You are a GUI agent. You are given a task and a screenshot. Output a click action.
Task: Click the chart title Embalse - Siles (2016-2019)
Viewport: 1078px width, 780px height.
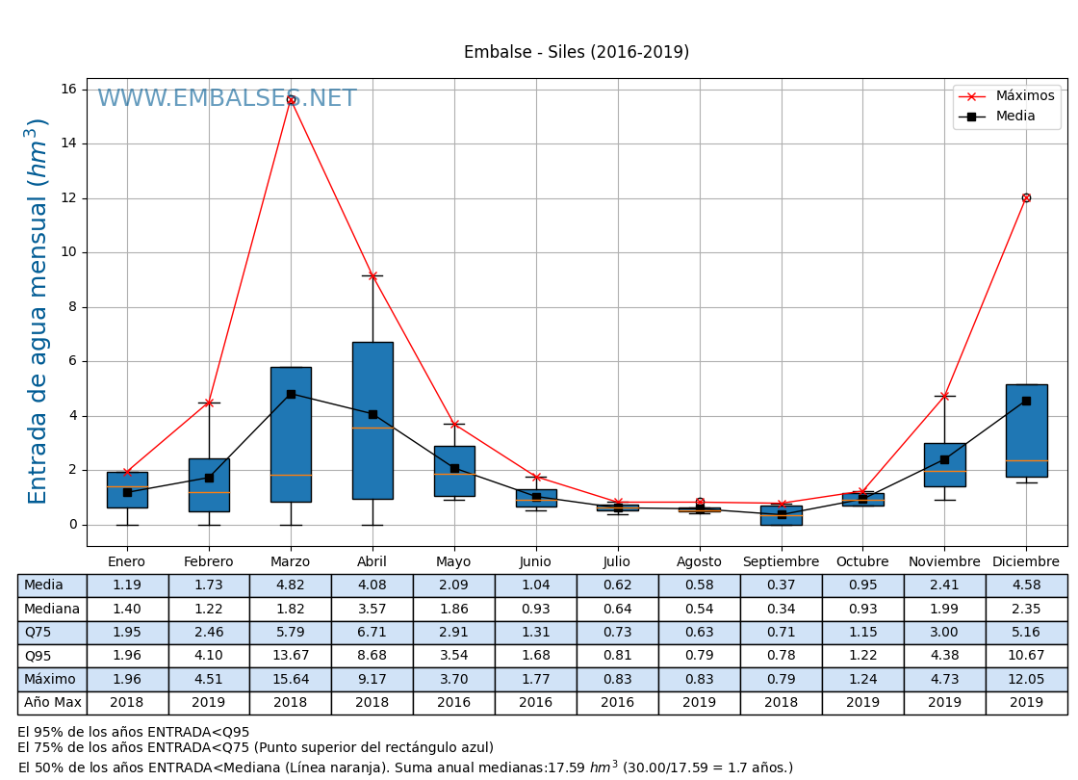tap(577, 52)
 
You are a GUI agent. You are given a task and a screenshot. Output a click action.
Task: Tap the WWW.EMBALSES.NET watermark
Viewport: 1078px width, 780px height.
tap(226, 99)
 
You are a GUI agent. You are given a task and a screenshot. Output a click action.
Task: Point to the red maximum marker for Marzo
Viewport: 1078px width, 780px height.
tap(291, 99)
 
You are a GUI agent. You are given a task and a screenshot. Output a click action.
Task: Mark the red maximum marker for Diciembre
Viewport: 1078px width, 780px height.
tap(1026, 197)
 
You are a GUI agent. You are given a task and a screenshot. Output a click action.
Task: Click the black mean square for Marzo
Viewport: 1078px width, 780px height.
tap(291, 394)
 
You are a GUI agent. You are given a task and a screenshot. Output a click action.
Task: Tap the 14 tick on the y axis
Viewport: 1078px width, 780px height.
tap(68, 143)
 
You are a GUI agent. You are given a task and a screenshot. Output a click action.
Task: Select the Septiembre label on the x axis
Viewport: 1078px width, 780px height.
tap(781, 561)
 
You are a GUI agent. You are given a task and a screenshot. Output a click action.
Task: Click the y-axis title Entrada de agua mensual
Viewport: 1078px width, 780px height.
tap(37, 311)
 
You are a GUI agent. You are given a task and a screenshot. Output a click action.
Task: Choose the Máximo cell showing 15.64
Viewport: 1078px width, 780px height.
tap(291, 679)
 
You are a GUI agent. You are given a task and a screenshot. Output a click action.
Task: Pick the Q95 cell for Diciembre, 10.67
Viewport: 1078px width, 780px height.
tap(1026, 656)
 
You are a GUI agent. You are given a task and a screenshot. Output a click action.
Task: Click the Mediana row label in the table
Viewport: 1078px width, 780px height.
tap(52, 609)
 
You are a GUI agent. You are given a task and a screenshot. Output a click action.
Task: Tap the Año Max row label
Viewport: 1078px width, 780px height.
tap(52, 703)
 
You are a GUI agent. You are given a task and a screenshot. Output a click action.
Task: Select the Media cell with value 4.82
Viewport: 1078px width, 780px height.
tap(291, 585)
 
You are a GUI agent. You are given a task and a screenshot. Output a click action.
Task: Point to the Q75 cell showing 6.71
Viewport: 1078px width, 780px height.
tap(372, 632)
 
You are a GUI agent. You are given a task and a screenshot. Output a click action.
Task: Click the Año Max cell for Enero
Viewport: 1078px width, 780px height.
tap(127, 703)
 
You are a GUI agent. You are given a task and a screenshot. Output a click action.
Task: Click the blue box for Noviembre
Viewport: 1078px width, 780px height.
tap(944, 465)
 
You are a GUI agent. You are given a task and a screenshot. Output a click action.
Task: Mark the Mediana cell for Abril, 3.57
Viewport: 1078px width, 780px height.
tap(372, 609)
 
